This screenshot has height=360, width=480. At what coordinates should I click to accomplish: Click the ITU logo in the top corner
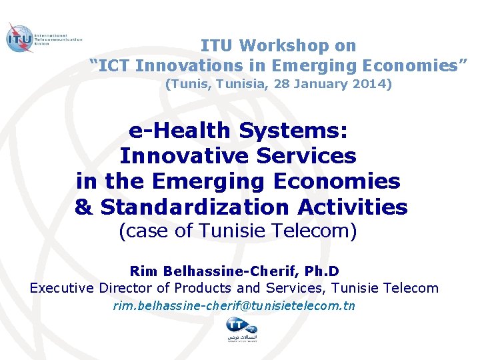tap(20, 39)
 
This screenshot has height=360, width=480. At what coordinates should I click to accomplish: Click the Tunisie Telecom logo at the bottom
tap(241, 329)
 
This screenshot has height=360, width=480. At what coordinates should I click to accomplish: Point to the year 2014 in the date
tap(372, 85)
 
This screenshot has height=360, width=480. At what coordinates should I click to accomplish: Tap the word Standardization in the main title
tap(195, 207)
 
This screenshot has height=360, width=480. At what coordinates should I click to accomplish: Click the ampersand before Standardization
tap(84, 207)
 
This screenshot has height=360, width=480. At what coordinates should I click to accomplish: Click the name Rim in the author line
tap(142, 271)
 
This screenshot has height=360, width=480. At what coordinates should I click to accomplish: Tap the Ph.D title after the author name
tap(321, 271)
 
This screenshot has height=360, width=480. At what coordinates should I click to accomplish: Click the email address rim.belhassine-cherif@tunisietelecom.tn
tap(234, 306)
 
